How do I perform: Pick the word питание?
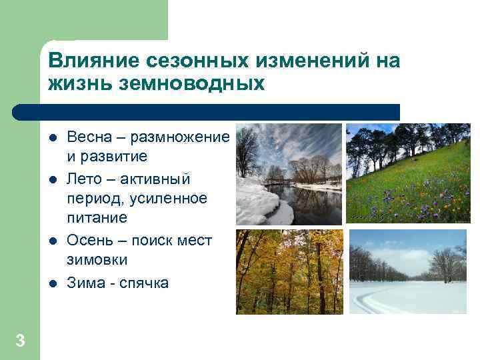[97, 217]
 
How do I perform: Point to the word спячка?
[143, 283]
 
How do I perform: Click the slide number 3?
[20, 341]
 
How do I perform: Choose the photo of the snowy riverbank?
[289, 174]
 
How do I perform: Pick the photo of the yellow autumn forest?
[289, 272]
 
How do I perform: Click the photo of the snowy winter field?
[408, 271]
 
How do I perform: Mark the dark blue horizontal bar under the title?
[207, 112]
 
